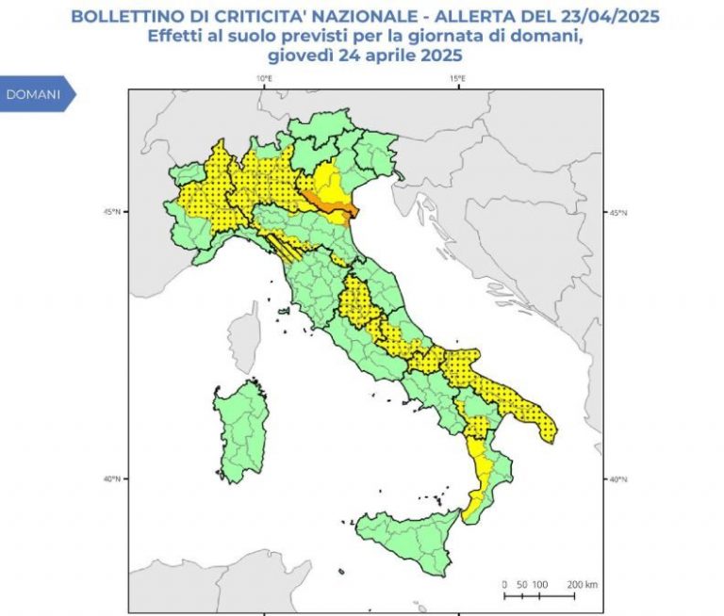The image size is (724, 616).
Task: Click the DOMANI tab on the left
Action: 34,95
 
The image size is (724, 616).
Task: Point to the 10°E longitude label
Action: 264,78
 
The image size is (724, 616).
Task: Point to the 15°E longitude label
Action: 457,78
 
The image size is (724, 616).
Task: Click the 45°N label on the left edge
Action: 112,212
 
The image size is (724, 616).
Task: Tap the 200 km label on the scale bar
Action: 582,585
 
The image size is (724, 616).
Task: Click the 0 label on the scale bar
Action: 504,585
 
